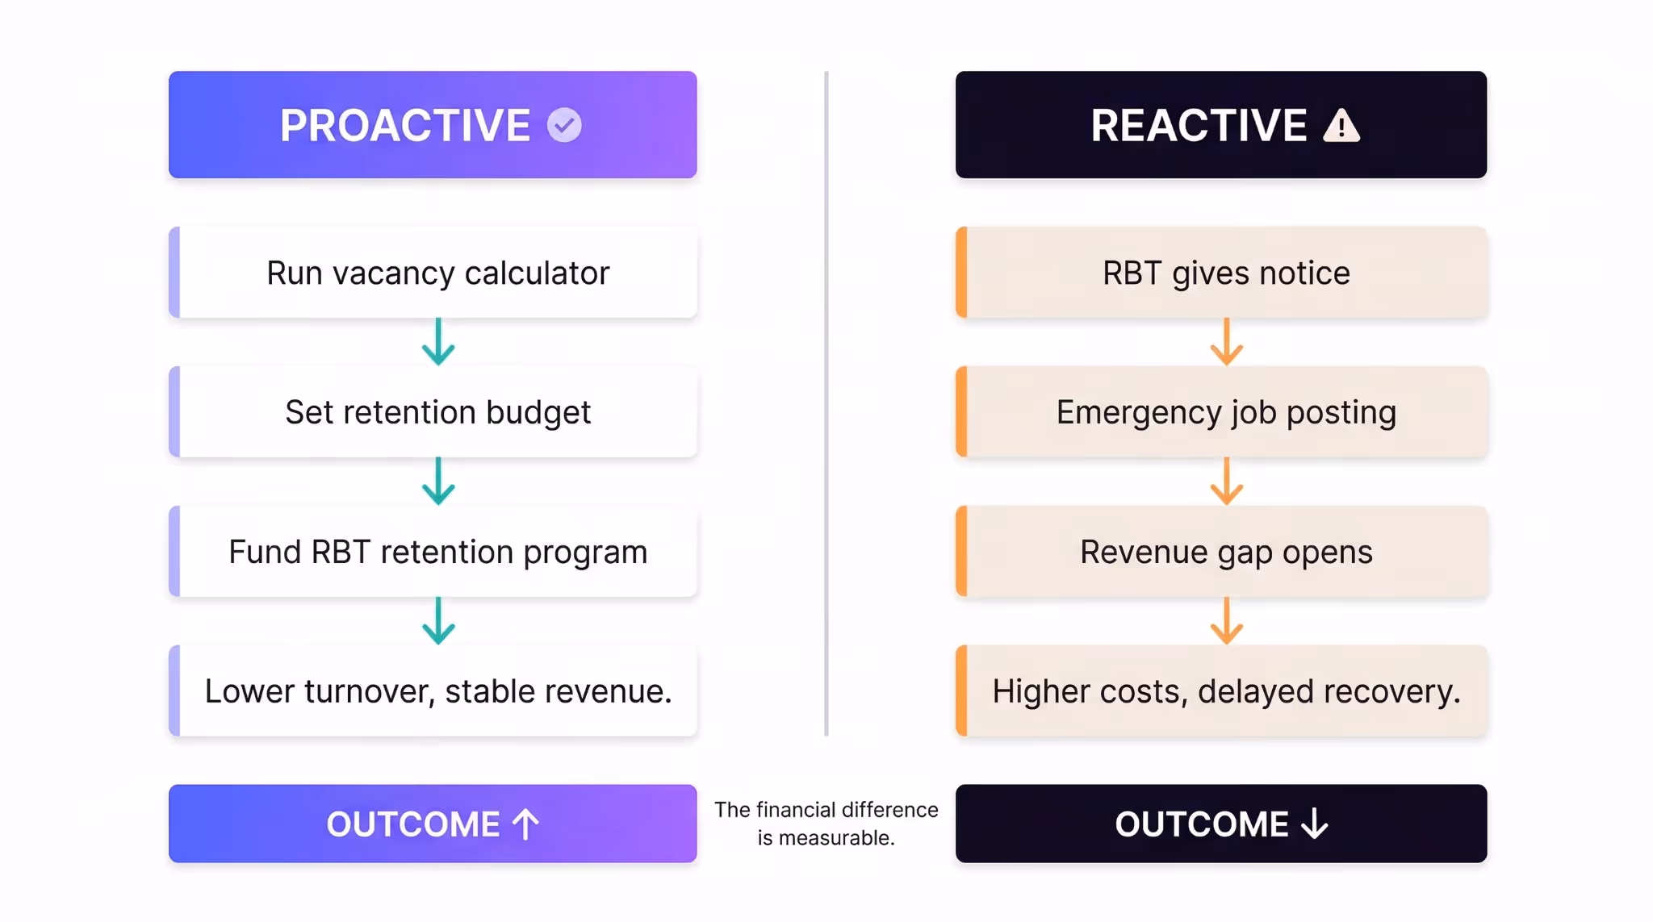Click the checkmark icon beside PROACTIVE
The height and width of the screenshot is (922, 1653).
pyautogui.click(x=564, y=125)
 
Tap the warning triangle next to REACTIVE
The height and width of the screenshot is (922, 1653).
pyautogui.click(x=1341, y=126)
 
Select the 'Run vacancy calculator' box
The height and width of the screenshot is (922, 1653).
pyautogui.click(x=433, y=273)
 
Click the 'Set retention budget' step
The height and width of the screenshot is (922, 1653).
pyautogui.click(x=433, y=412)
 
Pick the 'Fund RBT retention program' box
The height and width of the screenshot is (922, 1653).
pyautogui.click(x=433, y=552)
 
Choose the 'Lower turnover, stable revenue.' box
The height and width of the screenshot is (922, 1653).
pyautogui.click(x=433, y=691)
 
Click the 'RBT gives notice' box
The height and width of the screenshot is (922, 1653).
pyautogui.click(x=1222, y=273)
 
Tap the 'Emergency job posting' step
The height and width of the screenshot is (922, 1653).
pyautogui.click(x=1222, y=412)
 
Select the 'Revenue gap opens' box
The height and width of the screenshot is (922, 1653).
pyautogui.click(x=1222, y=552)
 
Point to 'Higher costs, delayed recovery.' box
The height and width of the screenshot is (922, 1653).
pyautogui.click(x=1222, y=691)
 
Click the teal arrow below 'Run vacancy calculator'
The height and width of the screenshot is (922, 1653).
pyautogui.click(x=438, y=342)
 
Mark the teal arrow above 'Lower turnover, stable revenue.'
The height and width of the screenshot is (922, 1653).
pyautogui.click(x=438, y=621)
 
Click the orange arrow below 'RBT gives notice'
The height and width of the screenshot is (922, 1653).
pyautogui.click(x=1227, y=342)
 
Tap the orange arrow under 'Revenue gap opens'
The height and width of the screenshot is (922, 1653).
pyautogui.click(x=1227, y=621)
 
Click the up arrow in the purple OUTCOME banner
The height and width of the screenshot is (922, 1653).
pyautogui.click(x=525, y=824)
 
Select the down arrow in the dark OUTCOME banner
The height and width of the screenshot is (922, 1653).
pyautogui.click(x=1315, y=824)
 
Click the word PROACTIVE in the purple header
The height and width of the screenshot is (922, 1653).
pyautogui.click(x=405, y=126)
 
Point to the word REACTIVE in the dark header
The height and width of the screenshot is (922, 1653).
pyautogui.click(x=1199, y=126)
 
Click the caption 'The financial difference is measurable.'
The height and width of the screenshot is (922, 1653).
pyautogui.click(x=826, y=824)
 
